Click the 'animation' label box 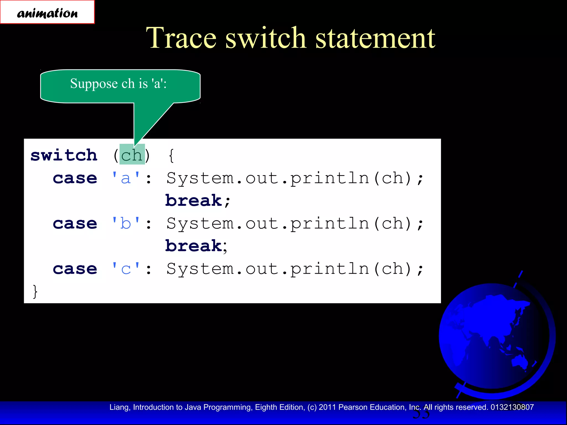point(47,12)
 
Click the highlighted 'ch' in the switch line point(132,155)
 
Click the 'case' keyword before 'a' point(75,178)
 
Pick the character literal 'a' point(126,178)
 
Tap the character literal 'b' point(126,223)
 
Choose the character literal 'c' point(126,269)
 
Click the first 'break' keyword point(194,201)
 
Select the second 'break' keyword point(194,246)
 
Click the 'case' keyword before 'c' point(75,269)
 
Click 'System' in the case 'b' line point(200,223)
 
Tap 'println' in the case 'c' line point(329,269)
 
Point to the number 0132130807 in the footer point(512,407)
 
